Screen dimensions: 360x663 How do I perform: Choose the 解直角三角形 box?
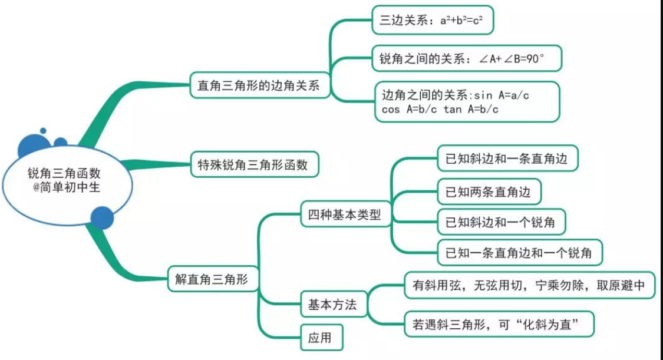tap(213, 279)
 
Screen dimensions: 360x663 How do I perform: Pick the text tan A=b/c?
tap(471, 110)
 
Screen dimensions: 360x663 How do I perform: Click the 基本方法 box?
tap(332, 305)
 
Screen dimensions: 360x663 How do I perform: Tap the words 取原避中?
tap(613, 286)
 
